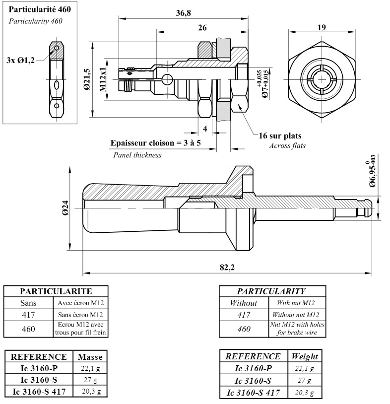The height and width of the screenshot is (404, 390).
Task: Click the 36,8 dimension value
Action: [x=183, y=13]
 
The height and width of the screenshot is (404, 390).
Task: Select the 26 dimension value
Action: [x=202, y=28]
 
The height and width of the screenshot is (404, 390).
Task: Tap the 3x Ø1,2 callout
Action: [x=21, y=60]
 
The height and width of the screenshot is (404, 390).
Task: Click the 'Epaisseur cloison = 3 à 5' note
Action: [x=155, y=143]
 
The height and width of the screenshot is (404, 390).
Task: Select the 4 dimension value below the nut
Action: [x=205, y=128]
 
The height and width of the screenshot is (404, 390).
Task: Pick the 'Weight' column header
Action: [x=305, y=357]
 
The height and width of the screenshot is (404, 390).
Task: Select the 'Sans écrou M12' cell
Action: [x=80, y=315]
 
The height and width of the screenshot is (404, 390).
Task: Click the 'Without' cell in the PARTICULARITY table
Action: [x=243, y=303]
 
